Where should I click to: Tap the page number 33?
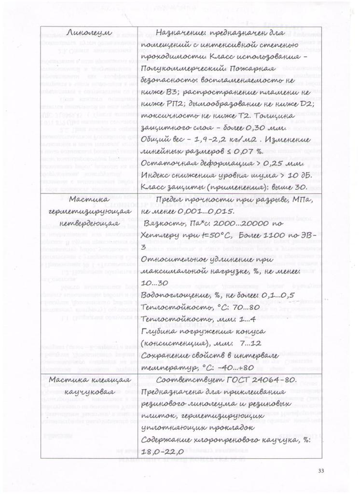tap(321, 470)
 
